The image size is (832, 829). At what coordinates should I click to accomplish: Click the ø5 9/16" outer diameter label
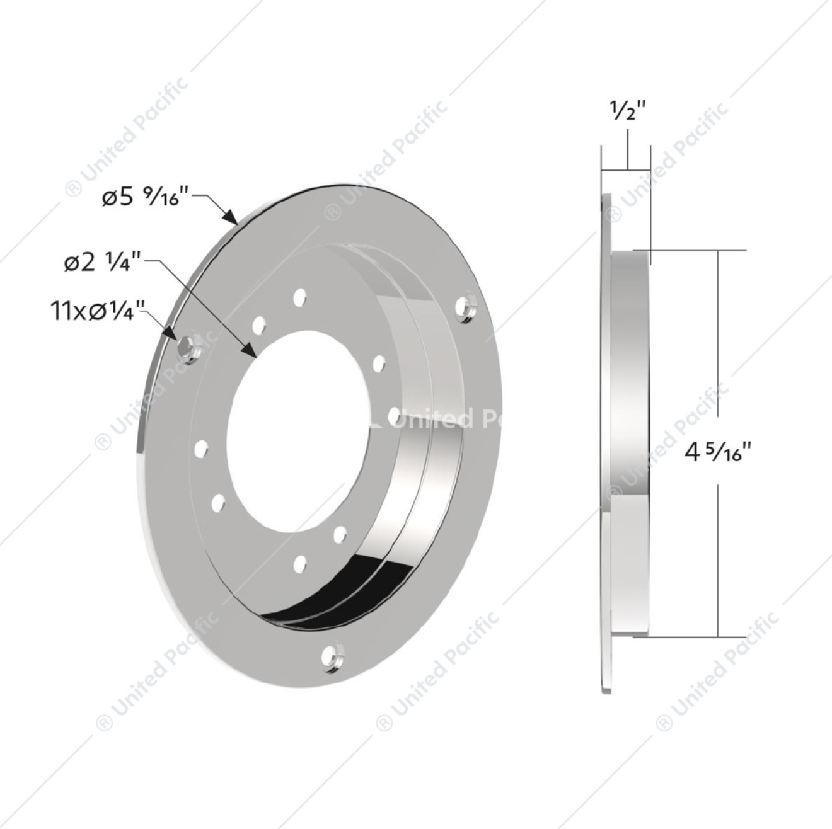146,198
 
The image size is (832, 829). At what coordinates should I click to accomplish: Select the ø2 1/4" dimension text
103,263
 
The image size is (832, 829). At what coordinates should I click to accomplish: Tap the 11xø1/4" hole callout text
98,311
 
